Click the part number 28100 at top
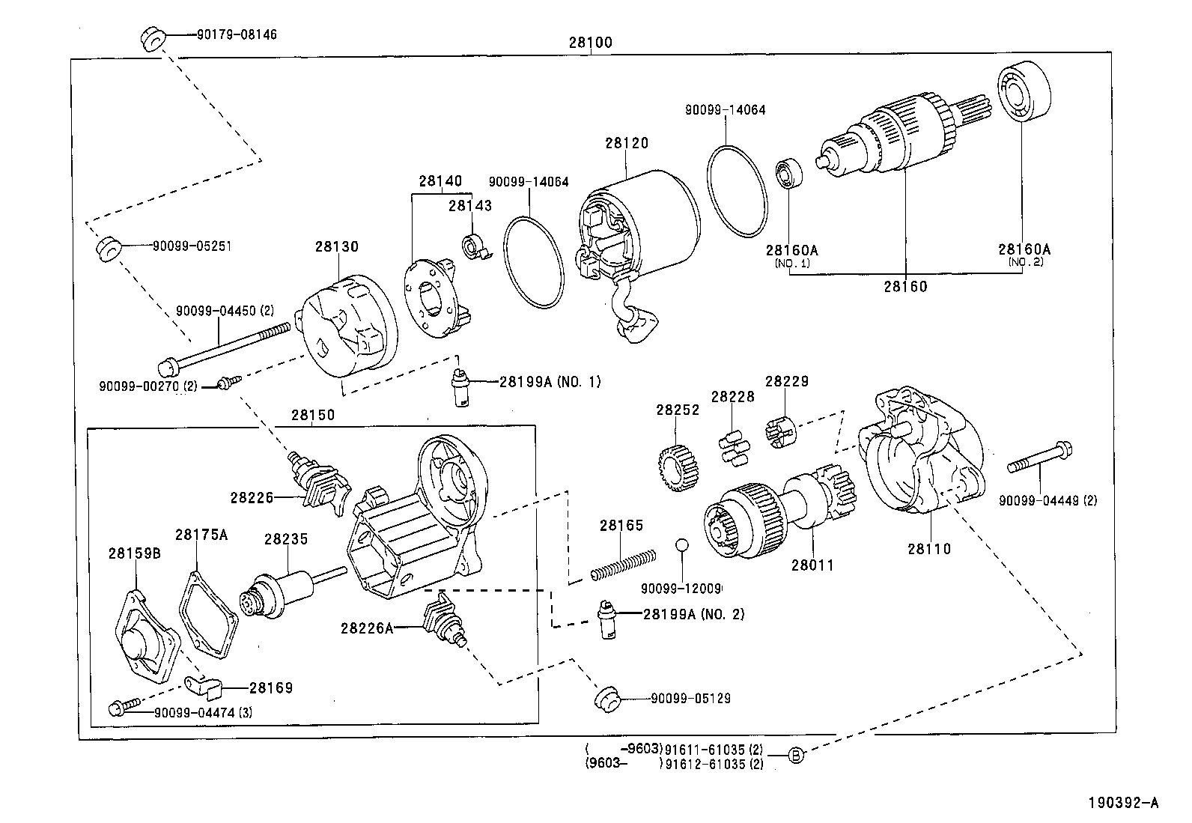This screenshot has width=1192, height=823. coord(590,42)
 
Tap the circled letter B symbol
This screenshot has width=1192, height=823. coord(797,756)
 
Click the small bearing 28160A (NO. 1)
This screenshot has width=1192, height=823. coord(788,173)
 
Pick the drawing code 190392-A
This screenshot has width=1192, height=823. coord(1124,803)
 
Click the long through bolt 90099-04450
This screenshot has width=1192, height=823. coord(225,347)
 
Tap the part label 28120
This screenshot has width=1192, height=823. coord(627,142)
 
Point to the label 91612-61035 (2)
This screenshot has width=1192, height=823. coord(714,765)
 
